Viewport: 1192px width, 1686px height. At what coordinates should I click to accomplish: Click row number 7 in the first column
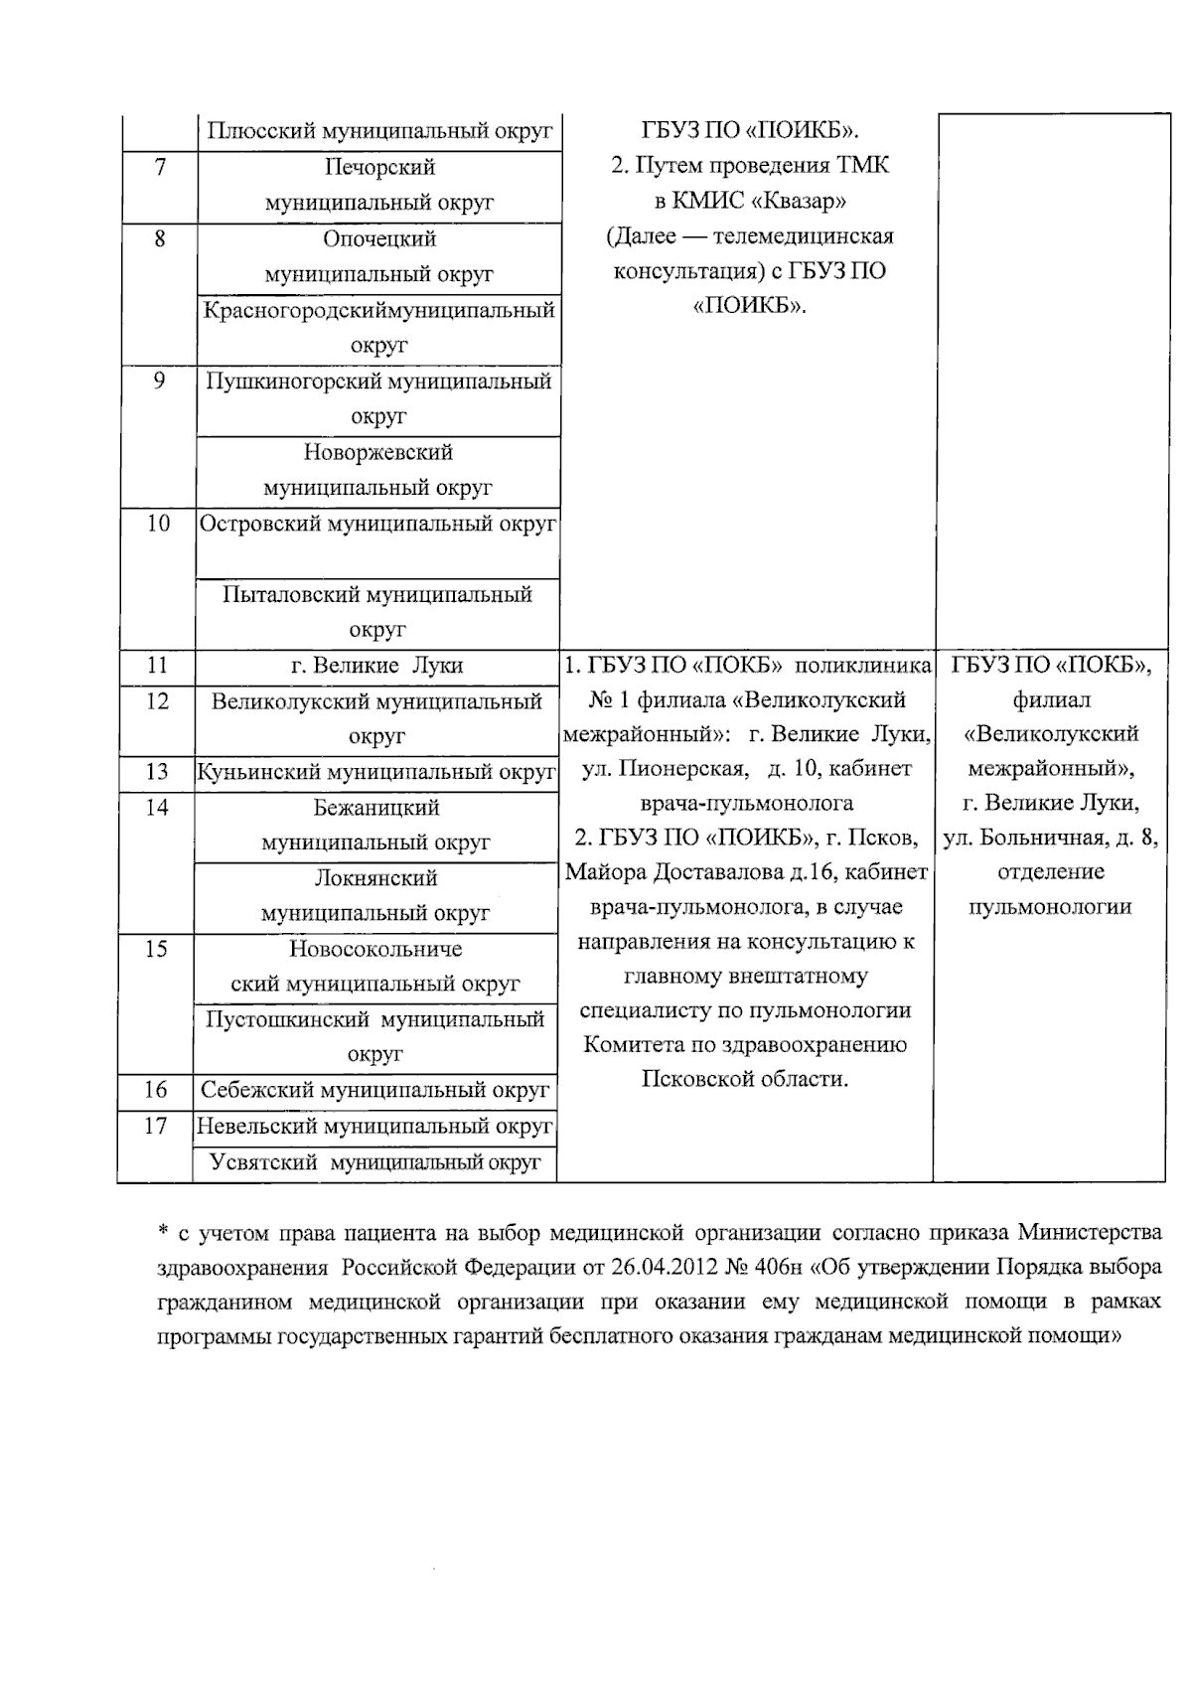coord(160,167)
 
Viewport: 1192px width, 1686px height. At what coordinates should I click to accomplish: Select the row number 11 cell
coord(157,666)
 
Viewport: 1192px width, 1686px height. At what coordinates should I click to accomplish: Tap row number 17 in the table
coord(155,1126)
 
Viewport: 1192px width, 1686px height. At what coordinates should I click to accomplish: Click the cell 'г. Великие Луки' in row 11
coord(376,666)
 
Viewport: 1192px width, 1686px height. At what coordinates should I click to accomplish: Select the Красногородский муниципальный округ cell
coord(378,328)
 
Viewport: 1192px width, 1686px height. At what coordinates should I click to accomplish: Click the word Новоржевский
coord(378,452)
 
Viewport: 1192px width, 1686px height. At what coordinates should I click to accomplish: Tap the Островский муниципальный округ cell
coord(377,524)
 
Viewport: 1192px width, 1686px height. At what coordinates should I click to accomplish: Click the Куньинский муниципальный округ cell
coord(375,772)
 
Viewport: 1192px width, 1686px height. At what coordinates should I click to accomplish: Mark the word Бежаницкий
coord(376,808)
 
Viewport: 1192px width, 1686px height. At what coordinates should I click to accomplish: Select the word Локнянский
coord(375,878)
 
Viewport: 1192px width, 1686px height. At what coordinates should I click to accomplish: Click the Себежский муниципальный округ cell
coord(374,1090)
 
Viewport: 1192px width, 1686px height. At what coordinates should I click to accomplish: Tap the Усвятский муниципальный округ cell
coord(374,1161)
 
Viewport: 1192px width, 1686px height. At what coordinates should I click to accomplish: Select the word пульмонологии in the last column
coord(1050,906)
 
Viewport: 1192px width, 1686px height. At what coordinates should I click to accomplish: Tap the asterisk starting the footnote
coord(164,1233)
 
